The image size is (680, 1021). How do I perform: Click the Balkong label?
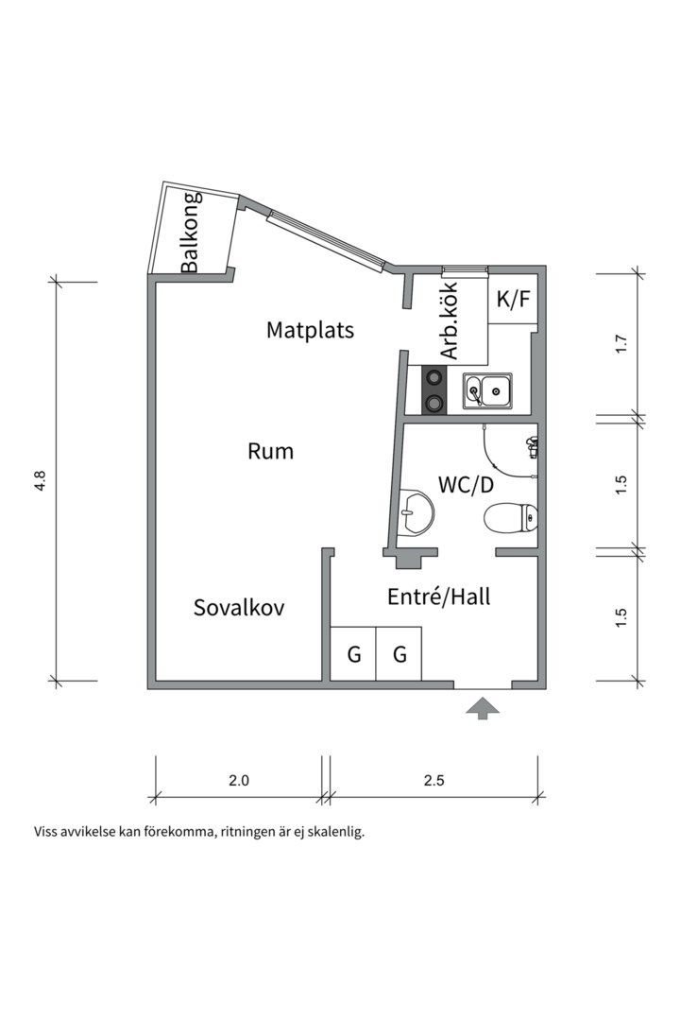click(x=191, y=233)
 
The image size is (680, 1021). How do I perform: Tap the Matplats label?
click(x=311, y=330)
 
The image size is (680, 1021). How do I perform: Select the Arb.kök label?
click(x=450, y=321)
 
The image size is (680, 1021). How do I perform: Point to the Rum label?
click(x=271, y=451)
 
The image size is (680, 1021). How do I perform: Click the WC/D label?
click(x=466, y=484)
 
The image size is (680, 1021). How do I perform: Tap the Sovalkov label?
click(x=240, y=608)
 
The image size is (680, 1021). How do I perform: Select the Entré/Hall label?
click(x=438, y=597)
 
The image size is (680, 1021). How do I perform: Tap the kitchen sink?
click(x=487, y=390)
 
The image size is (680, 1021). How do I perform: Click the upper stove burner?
click(x=433, y=376)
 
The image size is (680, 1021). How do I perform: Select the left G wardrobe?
click(x=353, y=654)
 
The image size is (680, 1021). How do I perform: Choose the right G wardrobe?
click(x=399, y=654)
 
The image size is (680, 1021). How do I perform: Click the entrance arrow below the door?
click(x=483, y=708)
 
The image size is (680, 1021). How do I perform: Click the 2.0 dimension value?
click(x=239, y=780)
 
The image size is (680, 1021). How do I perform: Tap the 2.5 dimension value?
click(x=434, y=780)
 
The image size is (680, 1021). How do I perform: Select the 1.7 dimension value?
click(x=620, y=343)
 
